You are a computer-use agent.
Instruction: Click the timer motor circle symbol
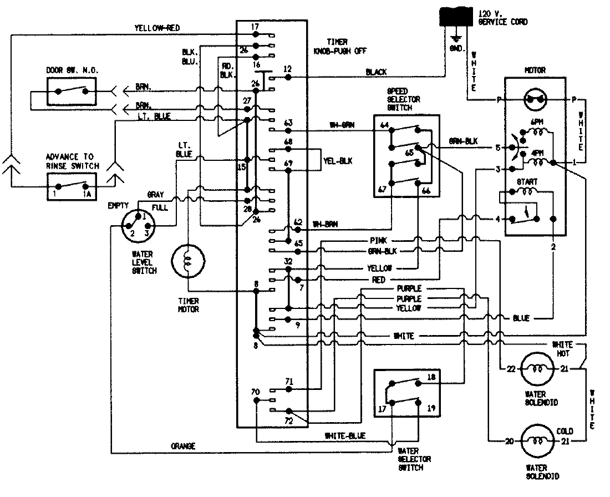click(x=188, y=261)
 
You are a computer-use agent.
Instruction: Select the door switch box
click(x=71, y=90)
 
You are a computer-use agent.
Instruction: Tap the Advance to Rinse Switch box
click(x=71, y=186)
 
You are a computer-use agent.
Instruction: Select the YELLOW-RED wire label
click(x=157, y=28)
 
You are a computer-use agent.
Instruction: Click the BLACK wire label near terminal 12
click(x=377, y=72)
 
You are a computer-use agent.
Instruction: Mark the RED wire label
click(x=379, y=280)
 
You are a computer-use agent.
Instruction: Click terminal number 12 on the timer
click(x=287, y=69)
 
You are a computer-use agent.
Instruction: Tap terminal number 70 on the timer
click(x=256, y=392)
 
